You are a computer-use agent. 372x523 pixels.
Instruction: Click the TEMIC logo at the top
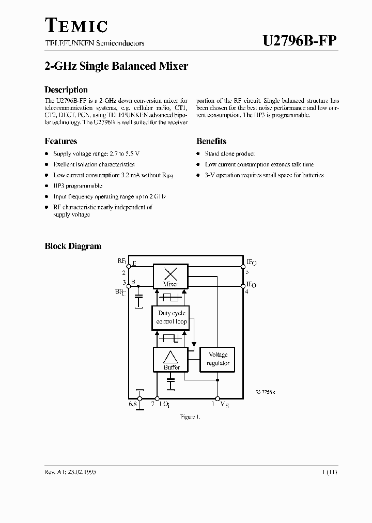[76, 25]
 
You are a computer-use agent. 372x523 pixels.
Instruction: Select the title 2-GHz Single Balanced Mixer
[116, 66]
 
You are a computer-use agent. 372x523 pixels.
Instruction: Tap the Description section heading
[66, 89]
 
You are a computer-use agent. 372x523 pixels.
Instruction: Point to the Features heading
[61, 141]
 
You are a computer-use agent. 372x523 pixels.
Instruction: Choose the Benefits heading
[211, 141]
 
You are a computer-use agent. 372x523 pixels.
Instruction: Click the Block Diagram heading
[73, 247]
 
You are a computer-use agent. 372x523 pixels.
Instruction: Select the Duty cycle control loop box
[172, 317]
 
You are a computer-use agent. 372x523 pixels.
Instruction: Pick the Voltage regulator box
[218, 359]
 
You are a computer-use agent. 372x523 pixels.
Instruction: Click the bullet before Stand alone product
[198, 154]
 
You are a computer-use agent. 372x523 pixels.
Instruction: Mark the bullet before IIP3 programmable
[47, 186]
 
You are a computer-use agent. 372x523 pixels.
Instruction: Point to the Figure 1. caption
[190, 416]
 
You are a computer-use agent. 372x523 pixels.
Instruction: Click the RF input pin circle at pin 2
[128, 267]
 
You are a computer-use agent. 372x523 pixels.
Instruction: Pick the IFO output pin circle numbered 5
[243, 267]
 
